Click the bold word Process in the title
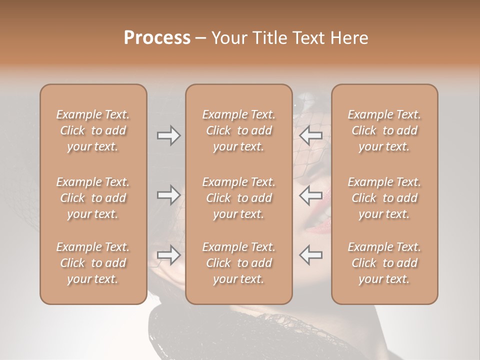pyautogui.click(x=157, y=38)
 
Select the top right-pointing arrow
pyautogui.click(x=168, y=135)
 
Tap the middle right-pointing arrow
pyautogui.click(x=168, y=195)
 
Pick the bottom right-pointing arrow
pyautogui.click(x=168, y=255)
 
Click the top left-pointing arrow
pyautogui.click(x=310, y=135)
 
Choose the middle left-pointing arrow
pyautogui.click(x=310, y=195)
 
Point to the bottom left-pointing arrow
pyautogui.click(x=310, y=255)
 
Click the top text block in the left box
pyautogui.click(x=93, y=130)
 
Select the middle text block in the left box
pyautogui.click(x=93, y=198)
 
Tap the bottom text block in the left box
pyautogui.click(x=93, y=263)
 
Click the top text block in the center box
pyautogui.click(x=238, y=130)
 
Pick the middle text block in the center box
pyautogui.click(x=238, y=198)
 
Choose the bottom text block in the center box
pyautogui.click(x=238, y=263)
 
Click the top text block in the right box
pyautogui.click(x=384, y=130)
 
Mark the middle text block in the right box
pyautogui.click(x=384, y=198)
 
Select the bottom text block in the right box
pyautogui.click(x=384, y=263)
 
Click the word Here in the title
pyautogui.click(x=350, y=38)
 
